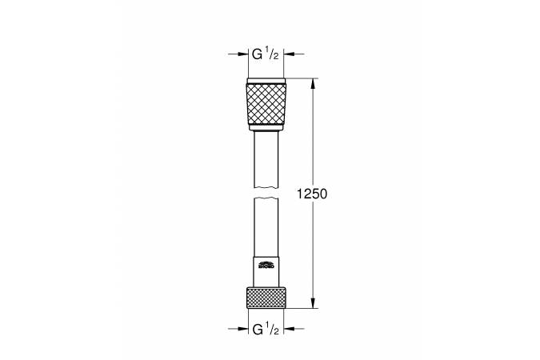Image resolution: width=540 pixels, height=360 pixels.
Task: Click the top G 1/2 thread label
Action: (266, 54)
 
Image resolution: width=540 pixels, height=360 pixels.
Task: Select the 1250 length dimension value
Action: (312, 194)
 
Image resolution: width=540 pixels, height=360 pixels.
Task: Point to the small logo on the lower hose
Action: (266, 262)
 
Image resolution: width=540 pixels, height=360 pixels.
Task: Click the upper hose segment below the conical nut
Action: (266, 160)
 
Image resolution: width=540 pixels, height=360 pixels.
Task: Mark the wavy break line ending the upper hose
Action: (266, 189)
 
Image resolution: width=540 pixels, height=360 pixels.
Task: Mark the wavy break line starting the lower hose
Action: (266, 201)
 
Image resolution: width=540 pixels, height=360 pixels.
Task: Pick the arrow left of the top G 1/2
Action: (241, 54)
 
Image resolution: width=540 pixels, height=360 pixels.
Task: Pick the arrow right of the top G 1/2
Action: (290, 54)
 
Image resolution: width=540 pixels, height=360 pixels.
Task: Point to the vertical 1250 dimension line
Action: (312, 136)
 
